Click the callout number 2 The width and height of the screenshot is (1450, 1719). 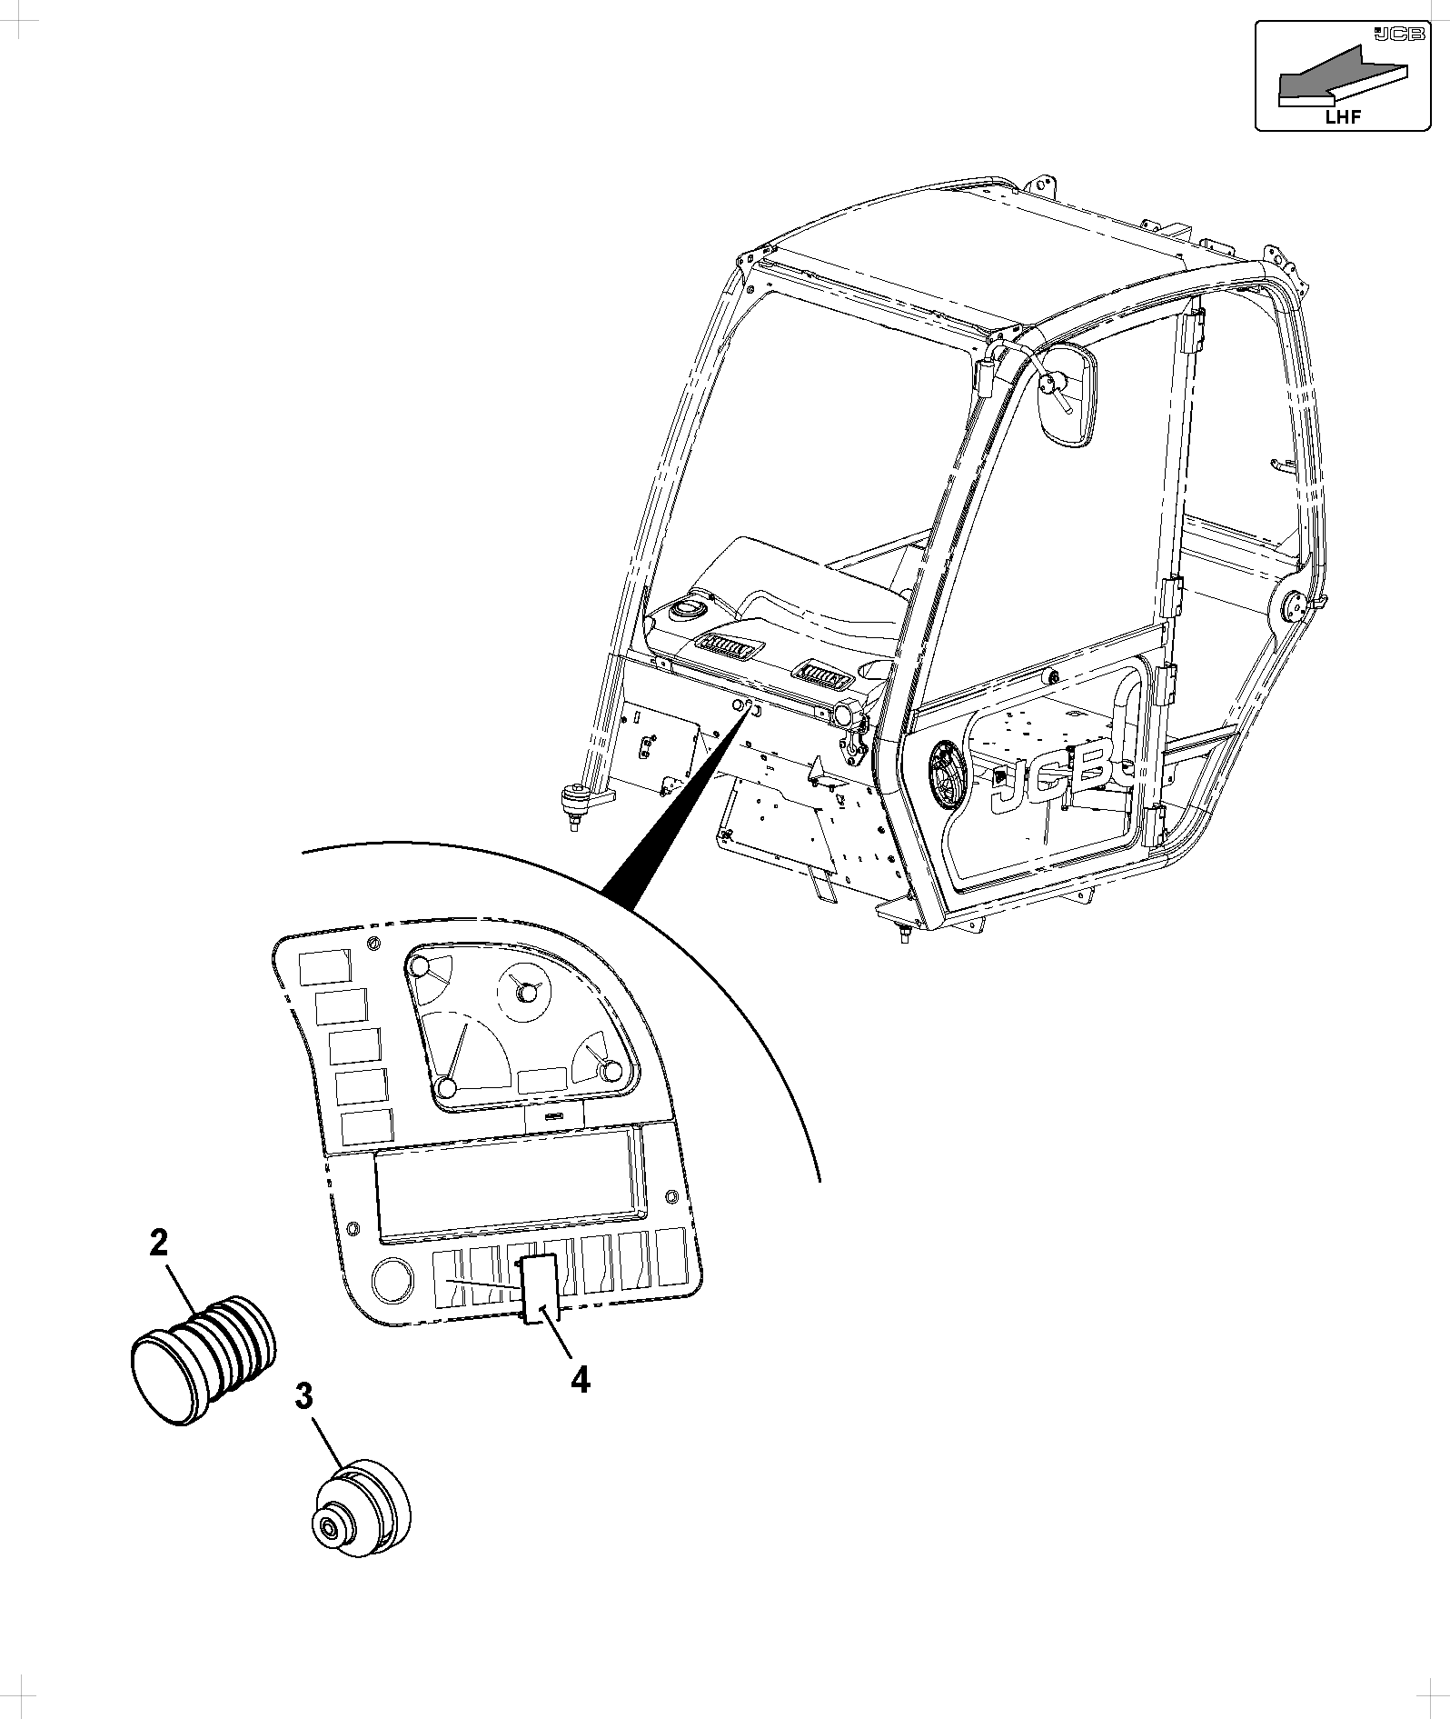[x=159, y=1244]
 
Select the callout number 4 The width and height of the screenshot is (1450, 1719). [x=580, y=1380]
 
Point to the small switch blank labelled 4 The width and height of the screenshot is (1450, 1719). [x=538, y=1285]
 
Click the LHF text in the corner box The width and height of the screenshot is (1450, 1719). [x=1344, y=116]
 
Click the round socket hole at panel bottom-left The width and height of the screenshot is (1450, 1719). [x=392, y=1279]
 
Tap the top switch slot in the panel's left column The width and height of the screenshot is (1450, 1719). [x=324, y=966]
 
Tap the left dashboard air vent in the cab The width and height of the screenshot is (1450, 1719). [x=727, y=647]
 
